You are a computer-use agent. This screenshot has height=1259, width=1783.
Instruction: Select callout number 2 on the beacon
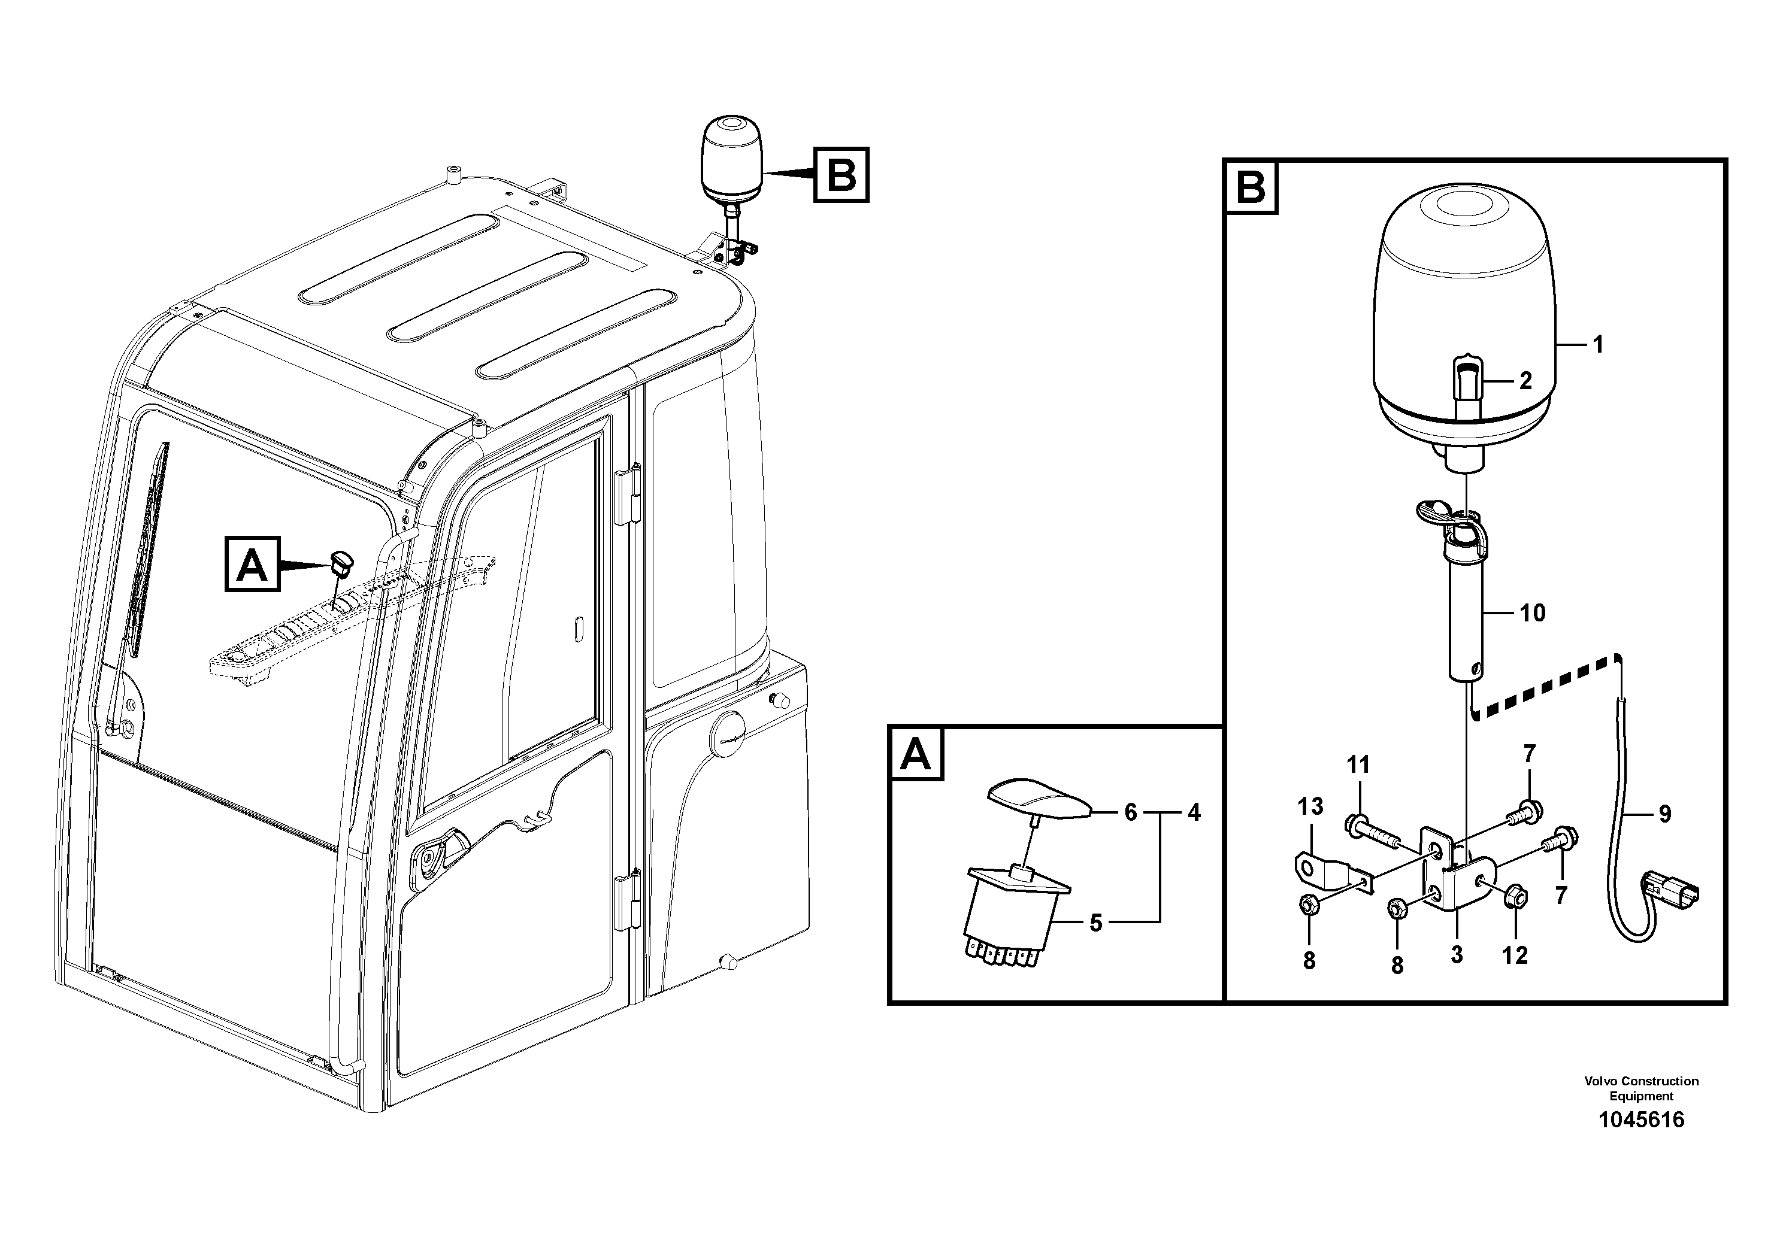tap(1525, 381)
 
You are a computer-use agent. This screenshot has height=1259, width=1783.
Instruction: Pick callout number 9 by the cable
tap(1664, 814)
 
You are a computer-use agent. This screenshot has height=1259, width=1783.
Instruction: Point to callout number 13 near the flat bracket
tap(1310, 806)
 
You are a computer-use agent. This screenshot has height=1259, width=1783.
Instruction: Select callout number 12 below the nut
tap(1514, 955)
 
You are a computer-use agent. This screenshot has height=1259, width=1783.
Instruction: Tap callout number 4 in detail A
tap(1194, 812)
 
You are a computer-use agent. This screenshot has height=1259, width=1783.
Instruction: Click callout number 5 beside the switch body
tap(1096, 923)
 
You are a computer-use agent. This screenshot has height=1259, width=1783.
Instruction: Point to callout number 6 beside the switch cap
tap(1130, 812)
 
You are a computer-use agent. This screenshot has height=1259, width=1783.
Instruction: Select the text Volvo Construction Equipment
tap(1641, 1088)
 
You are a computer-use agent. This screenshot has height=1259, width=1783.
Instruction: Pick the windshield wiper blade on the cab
tap(149, 544)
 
